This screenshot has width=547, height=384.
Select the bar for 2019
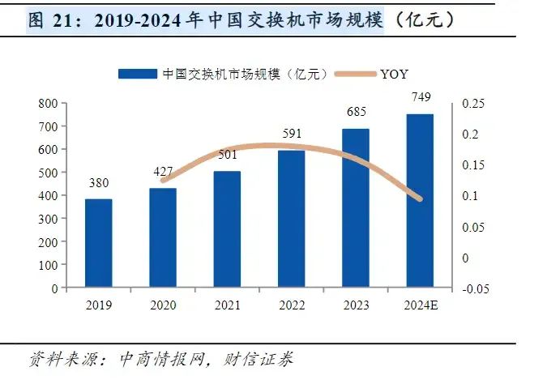coord(98,243)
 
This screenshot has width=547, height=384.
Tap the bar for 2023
coord(355,208)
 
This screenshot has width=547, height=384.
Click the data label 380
coord(98,182)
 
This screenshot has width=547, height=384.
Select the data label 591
coord(291,134)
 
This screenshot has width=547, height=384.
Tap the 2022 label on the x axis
coord(291,305)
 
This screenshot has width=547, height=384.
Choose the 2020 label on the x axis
coord(163,305)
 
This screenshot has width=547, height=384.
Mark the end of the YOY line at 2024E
coord(419,198)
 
